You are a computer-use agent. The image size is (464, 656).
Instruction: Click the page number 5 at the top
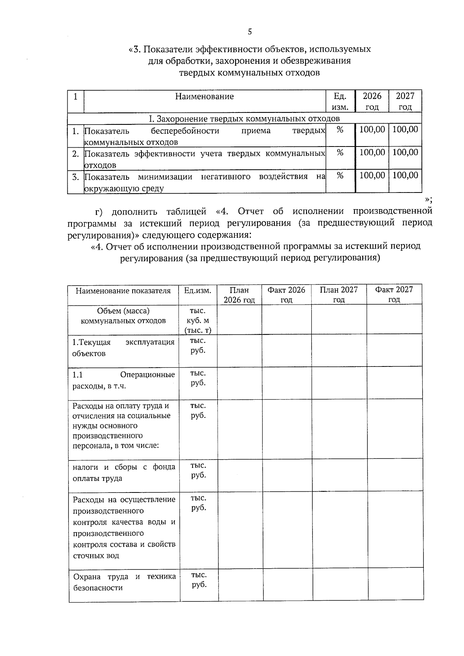249,32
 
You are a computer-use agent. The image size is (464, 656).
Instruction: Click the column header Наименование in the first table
204,96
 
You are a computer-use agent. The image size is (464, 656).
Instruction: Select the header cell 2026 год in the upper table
372,101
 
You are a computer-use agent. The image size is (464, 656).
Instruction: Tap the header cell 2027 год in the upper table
405,101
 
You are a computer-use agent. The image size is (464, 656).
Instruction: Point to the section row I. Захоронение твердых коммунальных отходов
244,118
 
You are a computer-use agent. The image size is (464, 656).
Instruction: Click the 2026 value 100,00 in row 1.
372,129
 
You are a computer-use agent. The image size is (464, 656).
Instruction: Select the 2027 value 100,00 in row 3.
405,176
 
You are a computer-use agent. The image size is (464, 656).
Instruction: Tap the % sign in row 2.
340,153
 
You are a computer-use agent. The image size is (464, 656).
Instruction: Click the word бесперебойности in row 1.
185,131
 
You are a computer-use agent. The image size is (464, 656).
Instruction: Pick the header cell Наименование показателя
123,291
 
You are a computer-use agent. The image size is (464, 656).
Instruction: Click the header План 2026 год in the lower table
239,295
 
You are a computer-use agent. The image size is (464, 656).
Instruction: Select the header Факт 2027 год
394,295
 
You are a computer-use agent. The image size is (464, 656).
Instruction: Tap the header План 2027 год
339,295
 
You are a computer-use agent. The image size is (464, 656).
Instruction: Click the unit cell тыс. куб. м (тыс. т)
198,320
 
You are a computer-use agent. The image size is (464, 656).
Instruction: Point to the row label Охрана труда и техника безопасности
124,582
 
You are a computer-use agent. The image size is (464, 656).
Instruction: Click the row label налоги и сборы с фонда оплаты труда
124,472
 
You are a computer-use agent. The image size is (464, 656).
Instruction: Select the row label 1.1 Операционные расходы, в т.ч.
123,380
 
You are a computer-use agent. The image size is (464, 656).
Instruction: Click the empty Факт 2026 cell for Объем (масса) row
287,320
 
